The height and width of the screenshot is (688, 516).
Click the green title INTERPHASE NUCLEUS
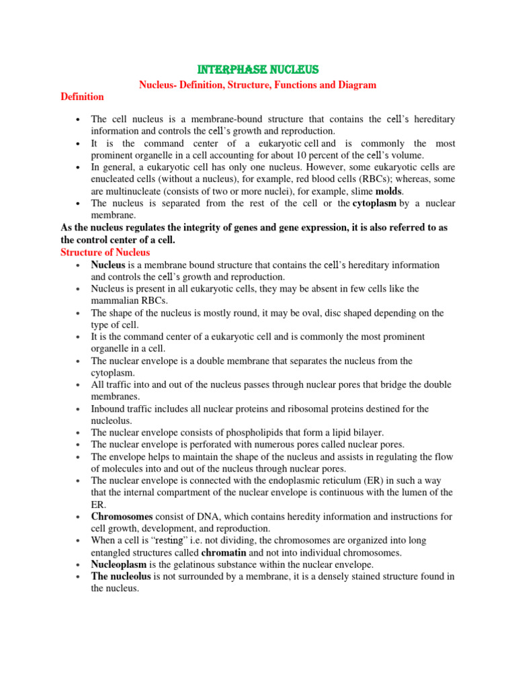tap(257, 70)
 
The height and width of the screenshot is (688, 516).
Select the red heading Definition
tap(82, 97)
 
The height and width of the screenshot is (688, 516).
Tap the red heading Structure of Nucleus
tap(105, 252)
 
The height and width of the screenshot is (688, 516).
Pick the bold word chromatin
tap(224, 553)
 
